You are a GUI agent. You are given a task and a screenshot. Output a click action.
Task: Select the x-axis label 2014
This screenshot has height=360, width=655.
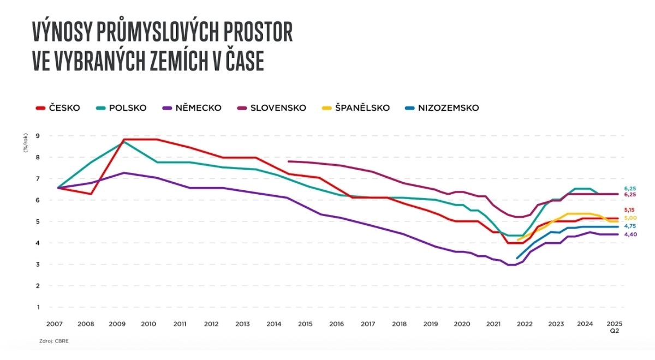click(274, 324)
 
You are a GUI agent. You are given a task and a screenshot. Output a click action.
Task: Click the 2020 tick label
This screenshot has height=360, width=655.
click(462, 324)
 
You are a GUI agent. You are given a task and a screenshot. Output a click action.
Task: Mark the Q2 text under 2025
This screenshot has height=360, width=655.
click(615, 331)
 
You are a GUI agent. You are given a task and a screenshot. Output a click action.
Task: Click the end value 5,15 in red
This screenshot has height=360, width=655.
click(630, 210)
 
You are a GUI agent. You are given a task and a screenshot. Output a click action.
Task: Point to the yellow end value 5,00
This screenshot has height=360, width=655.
click(630, 218)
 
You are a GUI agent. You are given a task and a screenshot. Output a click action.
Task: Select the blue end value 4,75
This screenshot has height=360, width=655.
click(630, 226)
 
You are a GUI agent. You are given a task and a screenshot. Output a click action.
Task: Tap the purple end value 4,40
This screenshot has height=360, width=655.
click(630, 235)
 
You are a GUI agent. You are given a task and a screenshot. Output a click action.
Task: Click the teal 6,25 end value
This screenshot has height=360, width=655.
click(630, 188)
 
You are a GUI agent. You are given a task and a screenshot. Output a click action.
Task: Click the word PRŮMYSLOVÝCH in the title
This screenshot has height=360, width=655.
click(170, 33)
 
